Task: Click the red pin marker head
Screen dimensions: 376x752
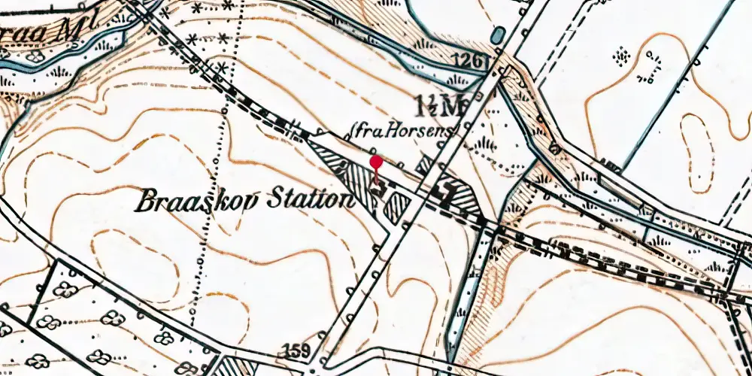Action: click(376, 162)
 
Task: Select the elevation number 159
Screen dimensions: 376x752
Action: click(296, 350)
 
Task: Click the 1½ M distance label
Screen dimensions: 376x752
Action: click(438, 106)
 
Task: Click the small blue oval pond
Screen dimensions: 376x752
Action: click(496, 35)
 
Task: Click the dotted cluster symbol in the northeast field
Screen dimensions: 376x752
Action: click(622, 55)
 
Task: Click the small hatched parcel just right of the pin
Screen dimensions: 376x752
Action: click(396, 207)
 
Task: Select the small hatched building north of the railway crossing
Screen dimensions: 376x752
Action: click(426, 165)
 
